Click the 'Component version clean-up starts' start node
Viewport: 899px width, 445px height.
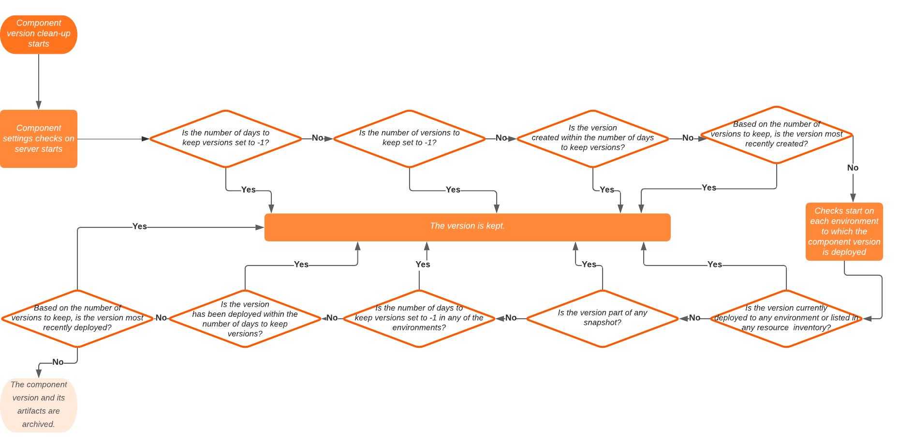click(39, 34)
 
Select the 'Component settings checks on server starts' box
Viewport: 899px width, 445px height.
click(39, 139)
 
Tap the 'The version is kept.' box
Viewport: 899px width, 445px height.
click(467, 227)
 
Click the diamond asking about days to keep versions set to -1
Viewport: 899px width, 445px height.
click(225, 139)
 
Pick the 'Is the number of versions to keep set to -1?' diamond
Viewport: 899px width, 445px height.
click(409, 139)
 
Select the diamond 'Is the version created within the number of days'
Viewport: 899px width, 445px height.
click(592, 139)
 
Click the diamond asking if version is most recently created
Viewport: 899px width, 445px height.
click(776, 135)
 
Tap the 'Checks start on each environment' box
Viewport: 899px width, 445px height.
click(844, 232)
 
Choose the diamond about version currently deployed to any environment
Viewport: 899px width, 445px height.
click(786, 318)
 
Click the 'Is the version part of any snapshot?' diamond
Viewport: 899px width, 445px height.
click(602, 318)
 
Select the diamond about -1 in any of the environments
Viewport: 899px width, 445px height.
click(419, 318)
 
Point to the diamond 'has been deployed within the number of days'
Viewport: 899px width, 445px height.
click(245, 318)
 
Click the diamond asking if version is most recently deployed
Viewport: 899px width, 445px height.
click(77, 318)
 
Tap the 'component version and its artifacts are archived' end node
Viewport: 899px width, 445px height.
click(39, 405)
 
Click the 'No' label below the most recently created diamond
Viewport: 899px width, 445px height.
click(853, 168)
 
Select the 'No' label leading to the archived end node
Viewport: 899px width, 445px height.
click(58, 362)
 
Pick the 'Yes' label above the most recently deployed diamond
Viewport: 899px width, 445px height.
click(139, 226)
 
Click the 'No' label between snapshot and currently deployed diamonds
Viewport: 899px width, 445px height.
click(694, 318)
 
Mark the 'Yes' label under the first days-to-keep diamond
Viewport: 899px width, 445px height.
click(248, 190)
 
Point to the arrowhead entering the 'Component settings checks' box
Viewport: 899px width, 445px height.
click(39, 105)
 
